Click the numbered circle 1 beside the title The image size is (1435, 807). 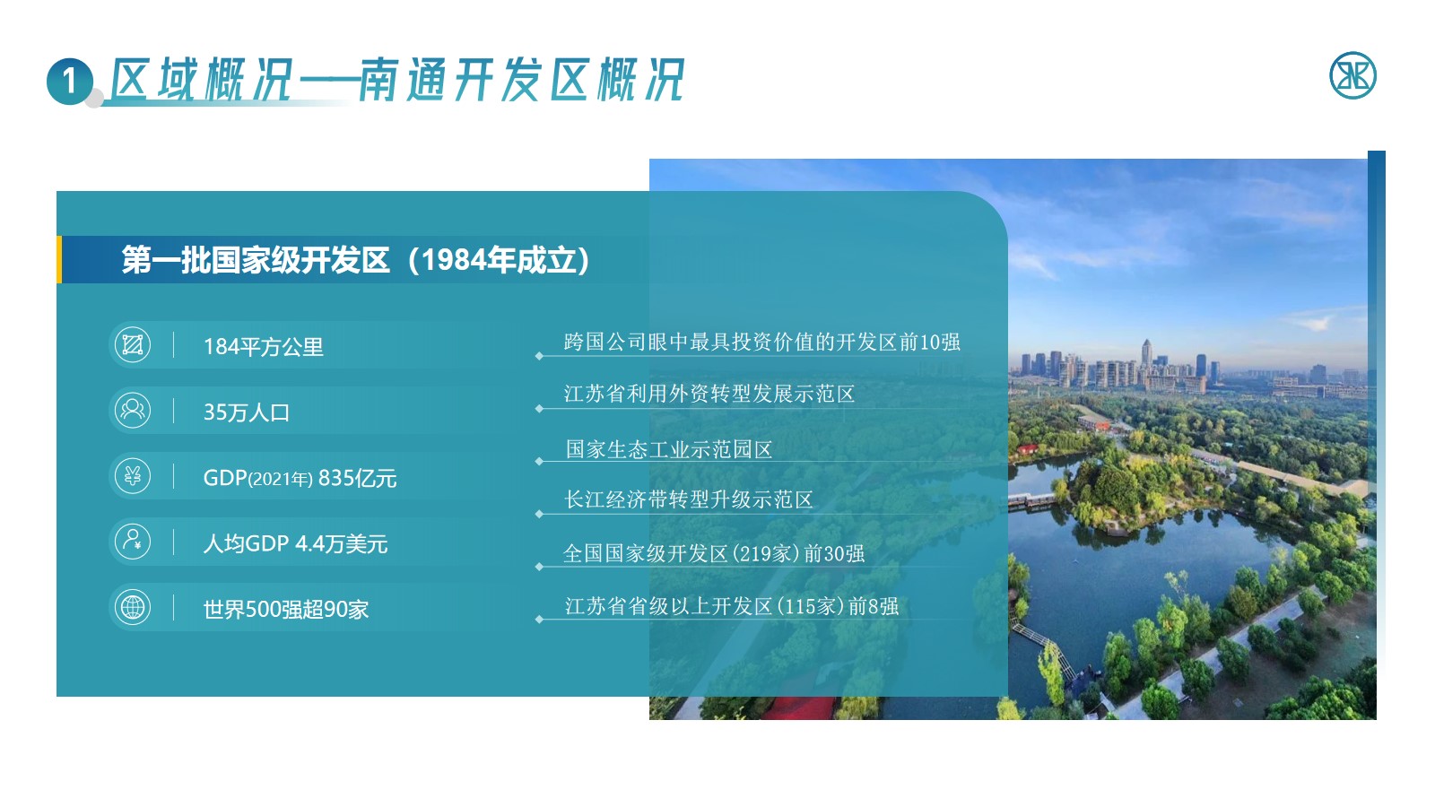pyautogui.click(x=70, y=82)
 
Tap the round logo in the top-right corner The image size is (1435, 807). pyautogui.click(x=1352, y=75)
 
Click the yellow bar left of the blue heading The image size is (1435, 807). pyautogui.click(x=59, y=259)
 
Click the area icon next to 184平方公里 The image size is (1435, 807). pyautogui.click(x=133, y=344)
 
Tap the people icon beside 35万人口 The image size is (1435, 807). pyautogui.click(x=133, y=411)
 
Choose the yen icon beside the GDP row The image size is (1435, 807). pyautogui.click(x=133, y=476)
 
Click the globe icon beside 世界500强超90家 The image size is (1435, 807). pyautogui.click(x=133, y=607)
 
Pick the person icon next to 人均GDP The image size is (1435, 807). pyautogui.click(x=133, y=542)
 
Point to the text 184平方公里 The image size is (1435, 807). pyautogui.click(x=264, y=347)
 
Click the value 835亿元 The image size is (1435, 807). pyautogui.click(x=358, y=479)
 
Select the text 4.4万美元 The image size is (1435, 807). pyautogui.click(x=342, y=543)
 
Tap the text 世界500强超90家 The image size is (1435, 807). pyautogui.click(x=286, y=609)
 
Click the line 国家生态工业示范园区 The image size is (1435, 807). pyautogui.click(x=669, y=449)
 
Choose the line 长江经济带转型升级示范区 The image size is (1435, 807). pyautogui.click(x=688, y=499)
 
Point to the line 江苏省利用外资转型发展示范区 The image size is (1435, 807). pyautogui.click(x=709, y=394)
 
